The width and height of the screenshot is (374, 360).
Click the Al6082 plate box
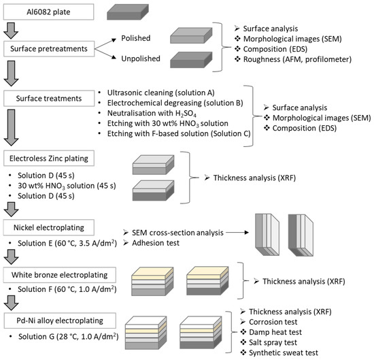click(x=48, y=12)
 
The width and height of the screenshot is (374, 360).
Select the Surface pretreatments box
click(x=49, y=49)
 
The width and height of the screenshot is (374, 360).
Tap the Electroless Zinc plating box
click(x=49, y=159)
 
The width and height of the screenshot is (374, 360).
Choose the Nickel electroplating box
click(x=49, y=227)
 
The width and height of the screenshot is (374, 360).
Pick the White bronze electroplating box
click(x=60, y=275)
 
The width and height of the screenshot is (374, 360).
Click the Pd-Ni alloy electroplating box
click(x=60, y=321)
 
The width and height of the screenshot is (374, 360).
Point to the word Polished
click(x=136, y=38)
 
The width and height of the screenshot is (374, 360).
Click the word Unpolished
click(x=141, y=59)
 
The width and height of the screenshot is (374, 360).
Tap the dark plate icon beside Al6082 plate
click(x=128, y=12)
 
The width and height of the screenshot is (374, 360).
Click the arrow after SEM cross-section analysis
click(x=237, y=232)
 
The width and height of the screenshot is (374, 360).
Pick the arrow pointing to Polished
click(x=105, y=44)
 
